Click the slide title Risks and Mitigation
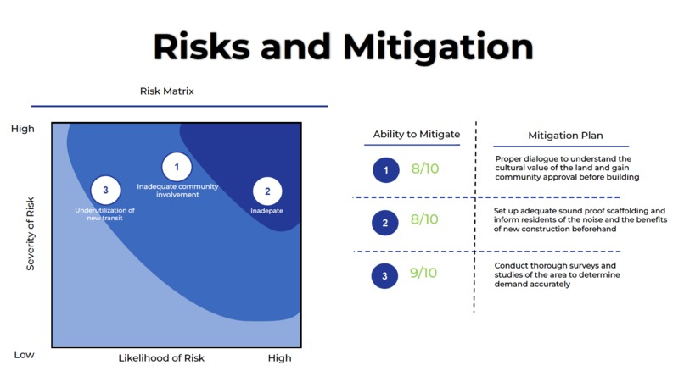(x=344, y=47)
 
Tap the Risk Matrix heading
(x=166, y=91)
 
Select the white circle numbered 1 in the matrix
(x=177, y=166)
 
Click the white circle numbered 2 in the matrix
(x=267, y=191)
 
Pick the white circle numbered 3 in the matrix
(x=105, y=190)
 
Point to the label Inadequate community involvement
(x=177, y=191)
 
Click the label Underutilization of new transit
(x=104, y=213)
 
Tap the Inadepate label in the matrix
(x=266, y=211)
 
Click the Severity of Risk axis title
(x=30, y=234)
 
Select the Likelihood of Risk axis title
(x=161, y=358)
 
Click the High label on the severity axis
(x=23, y=129)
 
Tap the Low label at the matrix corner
(x=24, y=355)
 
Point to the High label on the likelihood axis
(x=279, y=358)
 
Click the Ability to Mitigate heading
(x=417, y=134)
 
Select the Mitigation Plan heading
(x=565, y=136)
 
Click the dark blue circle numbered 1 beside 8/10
(x=386, y=170)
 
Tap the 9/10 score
(x=423, y=273)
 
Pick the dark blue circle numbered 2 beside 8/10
(x=385, y=223)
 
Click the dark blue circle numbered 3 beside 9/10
(x=384, y=276)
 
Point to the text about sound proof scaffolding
(x=580, y=219)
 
